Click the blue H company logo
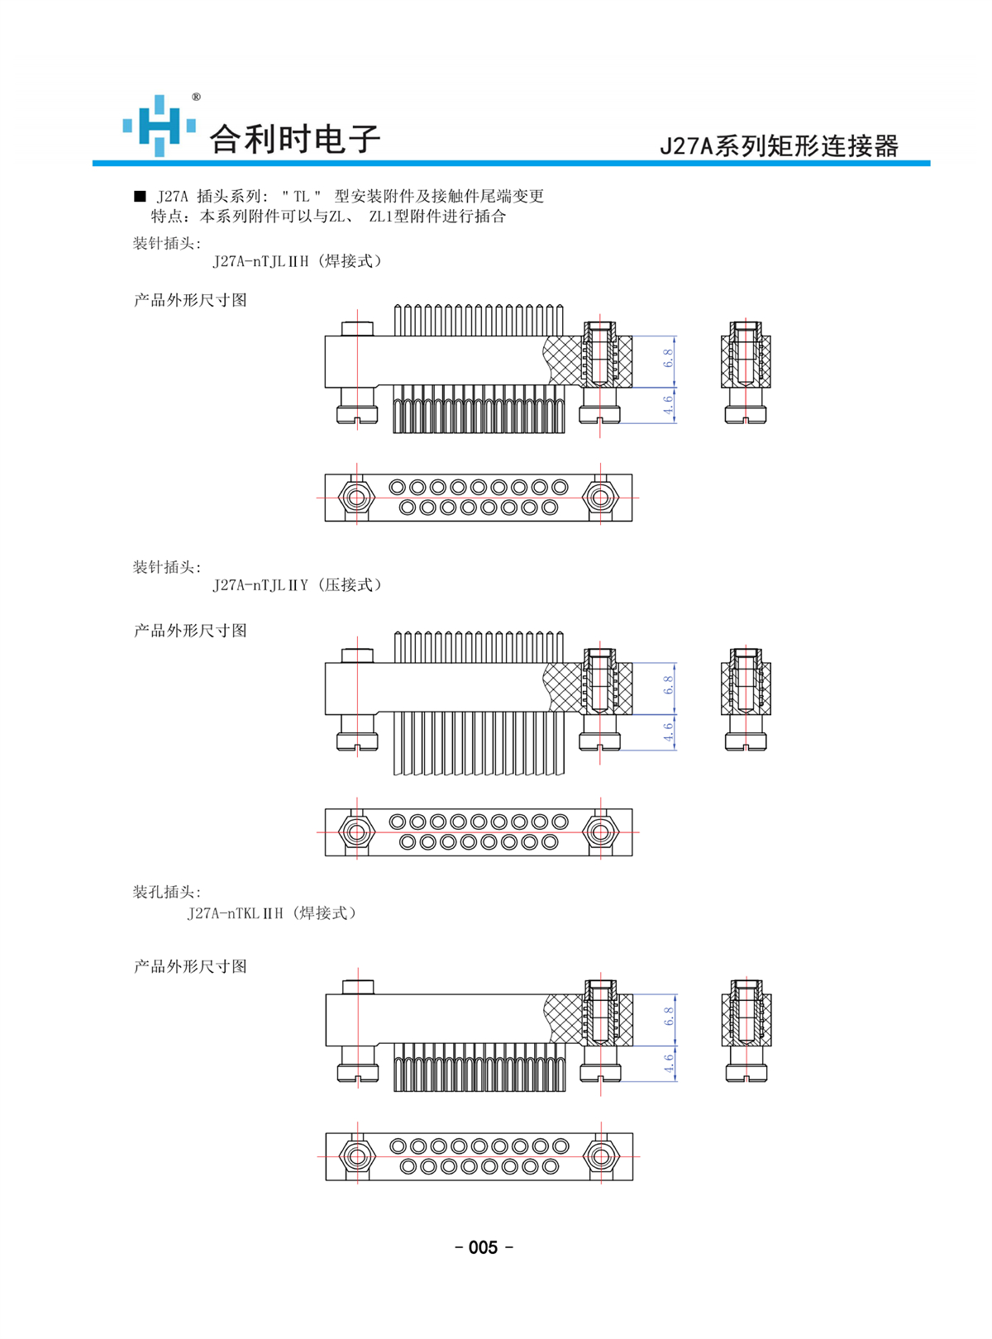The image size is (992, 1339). pos(159,126)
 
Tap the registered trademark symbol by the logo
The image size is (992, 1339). pos(196,97)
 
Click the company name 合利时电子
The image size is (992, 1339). pos(294,139)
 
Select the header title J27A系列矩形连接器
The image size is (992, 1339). pos(778,146)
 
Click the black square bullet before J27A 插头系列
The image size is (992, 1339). pos(140,196)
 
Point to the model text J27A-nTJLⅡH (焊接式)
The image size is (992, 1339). pos(297,261)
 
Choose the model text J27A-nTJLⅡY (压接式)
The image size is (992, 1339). pos(297,584)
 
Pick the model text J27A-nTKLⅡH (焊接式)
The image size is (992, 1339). pos(271,913)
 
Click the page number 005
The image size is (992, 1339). pos(483,1247)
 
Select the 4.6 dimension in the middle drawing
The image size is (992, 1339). pos(668,732)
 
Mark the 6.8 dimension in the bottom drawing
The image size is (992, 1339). pos(669,1016)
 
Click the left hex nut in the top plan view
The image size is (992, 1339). pos(356,498)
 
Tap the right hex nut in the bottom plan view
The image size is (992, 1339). pos(601,1156)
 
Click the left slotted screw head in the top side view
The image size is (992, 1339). pos(357,414)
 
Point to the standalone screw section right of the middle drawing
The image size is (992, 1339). pos(746,699)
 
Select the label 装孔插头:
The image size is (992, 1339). pos(167,892)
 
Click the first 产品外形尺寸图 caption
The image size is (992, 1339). pos(190,300)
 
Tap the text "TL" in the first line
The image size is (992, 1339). pos(301,196)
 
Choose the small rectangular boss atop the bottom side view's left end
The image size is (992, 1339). pos(358,987)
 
